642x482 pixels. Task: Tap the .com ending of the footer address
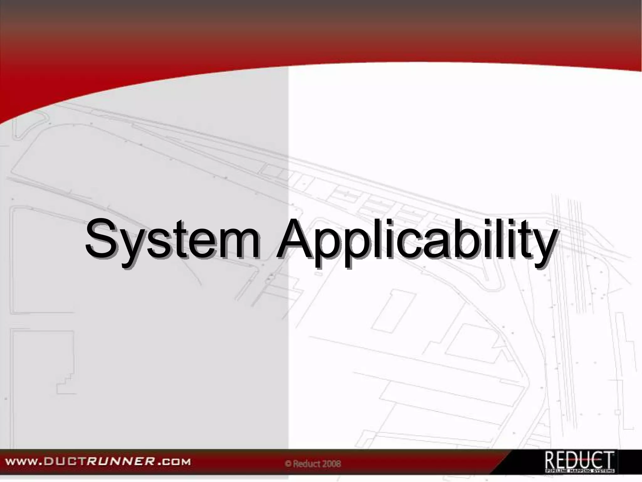click(x=175, y=462)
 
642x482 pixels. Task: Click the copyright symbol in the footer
click(x=288, y=464)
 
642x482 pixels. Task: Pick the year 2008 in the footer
click(x=332, y=463)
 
